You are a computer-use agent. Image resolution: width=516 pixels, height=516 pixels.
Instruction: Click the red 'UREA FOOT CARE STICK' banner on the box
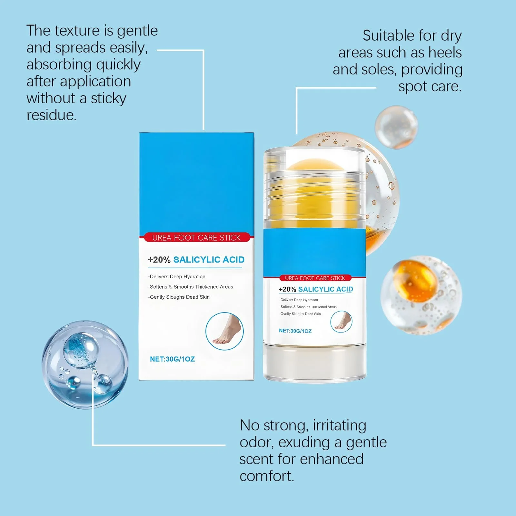(196, 237)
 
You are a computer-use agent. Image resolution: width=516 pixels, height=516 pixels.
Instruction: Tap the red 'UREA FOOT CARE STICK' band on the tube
(315, 278)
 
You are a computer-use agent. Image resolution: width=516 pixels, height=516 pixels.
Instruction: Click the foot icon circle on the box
(224, 331)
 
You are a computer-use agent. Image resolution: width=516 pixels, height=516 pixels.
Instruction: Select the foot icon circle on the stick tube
(341, 322)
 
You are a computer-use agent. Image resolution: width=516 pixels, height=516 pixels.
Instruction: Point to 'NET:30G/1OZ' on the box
(172, 359)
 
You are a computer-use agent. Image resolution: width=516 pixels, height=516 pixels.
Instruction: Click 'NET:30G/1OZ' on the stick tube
(295, 331)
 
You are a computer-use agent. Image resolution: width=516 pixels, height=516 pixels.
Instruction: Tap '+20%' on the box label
(159, 260)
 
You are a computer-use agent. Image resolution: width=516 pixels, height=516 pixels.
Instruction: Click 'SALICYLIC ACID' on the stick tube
(325, 289)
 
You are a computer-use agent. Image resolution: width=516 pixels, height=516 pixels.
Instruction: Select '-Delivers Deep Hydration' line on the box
(177, 277)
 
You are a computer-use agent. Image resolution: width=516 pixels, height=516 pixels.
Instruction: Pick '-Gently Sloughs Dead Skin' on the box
(179, 297)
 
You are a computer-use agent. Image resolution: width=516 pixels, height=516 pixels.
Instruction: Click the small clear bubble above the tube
(396, 127)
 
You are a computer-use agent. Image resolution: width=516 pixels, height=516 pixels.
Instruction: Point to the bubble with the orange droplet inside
(421, 295)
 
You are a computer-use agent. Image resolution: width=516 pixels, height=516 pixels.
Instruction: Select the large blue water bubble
(85, 364)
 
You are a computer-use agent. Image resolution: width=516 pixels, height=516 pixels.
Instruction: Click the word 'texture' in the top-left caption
(76, 31)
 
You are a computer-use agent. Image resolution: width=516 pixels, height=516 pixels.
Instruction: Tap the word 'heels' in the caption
(445, 52)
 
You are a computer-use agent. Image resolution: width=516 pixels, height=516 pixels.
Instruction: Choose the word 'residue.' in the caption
(52, 115)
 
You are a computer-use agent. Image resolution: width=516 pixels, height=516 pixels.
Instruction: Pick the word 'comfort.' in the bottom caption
(267, 476)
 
